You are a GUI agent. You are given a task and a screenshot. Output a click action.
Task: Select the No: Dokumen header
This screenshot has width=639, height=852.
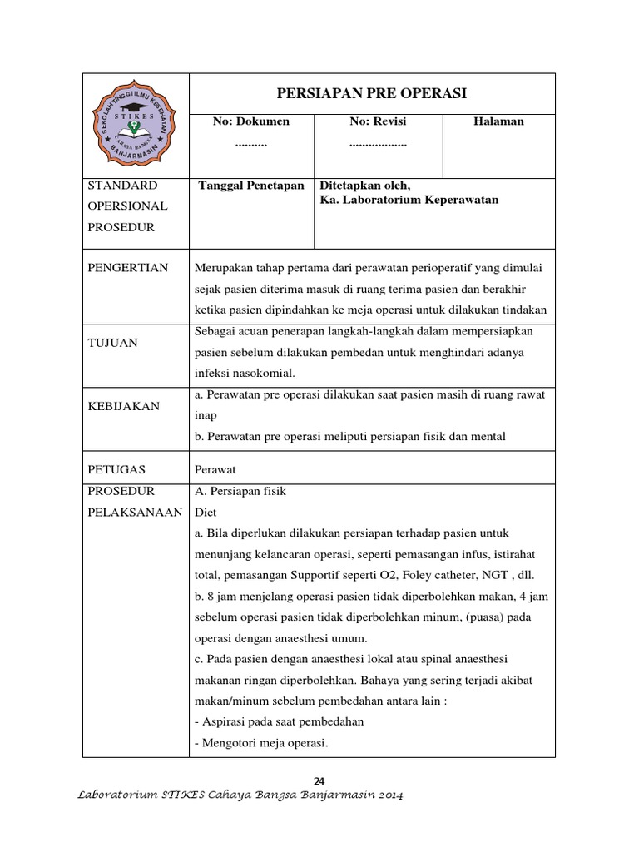pos(251,121)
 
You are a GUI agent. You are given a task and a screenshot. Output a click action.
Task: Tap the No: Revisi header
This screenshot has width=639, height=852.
pos(378,121)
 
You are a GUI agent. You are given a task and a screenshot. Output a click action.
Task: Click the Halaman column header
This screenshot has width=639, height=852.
pos(498,121)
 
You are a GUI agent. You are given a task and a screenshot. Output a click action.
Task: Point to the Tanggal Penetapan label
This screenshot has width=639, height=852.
pos(251,186)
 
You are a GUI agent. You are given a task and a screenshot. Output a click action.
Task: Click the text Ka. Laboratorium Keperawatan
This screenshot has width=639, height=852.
pos(409,200)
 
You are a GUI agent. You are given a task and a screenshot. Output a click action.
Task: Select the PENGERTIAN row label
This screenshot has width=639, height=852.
pos(127,267)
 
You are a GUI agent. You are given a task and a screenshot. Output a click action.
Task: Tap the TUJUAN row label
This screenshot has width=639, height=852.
pos(114,342)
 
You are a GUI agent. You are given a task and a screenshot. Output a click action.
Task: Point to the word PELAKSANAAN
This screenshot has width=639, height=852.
pos(135,513)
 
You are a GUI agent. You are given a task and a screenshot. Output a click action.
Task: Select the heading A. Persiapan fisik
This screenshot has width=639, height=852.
pos(240,491)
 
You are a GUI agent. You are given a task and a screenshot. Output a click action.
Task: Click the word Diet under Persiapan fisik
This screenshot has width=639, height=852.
pos(205,513)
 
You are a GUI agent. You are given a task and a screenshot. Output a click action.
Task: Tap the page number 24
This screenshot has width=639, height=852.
pos(319,780)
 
